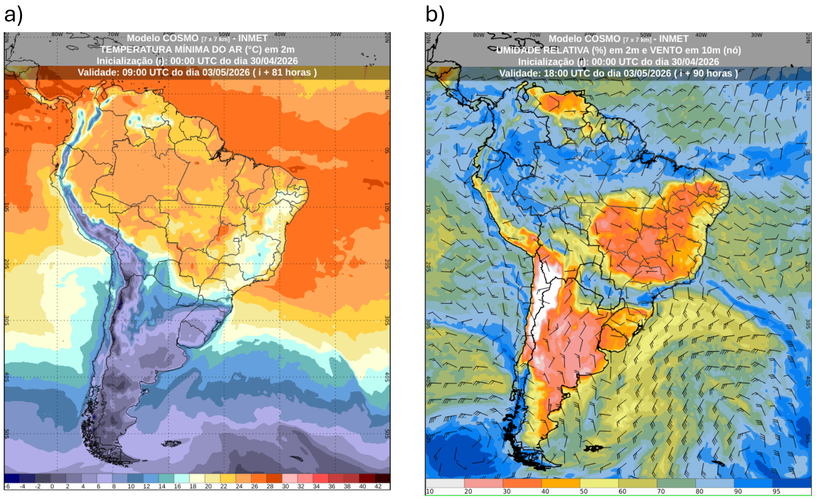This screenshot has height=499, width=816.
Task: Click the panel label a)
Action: [13, 15]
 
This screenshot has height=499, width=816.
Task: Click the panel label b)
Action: [435, 15]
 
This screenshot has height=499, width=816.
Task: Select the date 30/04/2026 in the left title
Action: [273, 61]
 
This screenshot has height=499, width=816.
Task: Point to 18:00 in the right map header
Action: [556, 73]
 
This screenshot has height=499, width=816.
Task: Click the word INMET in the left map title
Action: [253, 38]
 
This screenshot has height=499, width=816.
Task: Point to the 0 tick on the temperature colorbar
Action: [52, 487]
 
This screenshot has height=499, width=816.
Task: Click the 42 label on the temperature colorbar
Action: [378, 487]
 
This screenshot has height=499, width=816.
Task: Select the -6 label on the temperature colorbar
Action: [7, 487]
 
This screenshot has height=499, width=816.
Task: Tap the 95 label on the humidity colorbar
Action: [776, 491]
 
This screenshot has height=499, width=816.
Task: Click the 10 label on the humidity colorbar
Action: [430, 491]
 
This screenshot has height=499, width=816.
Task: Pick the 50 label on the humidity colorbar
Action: [583, 491]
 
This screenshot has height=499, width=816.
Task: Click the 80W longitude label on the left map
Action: [57, 34]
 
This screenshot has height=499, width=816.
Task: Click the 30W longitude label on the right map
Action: [756, 35]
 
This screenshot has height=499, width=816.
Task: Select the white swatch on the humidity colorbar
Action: [445, 483]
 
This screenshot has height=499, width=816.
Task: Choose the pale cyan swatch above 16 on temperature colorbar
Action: [182, 478]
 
